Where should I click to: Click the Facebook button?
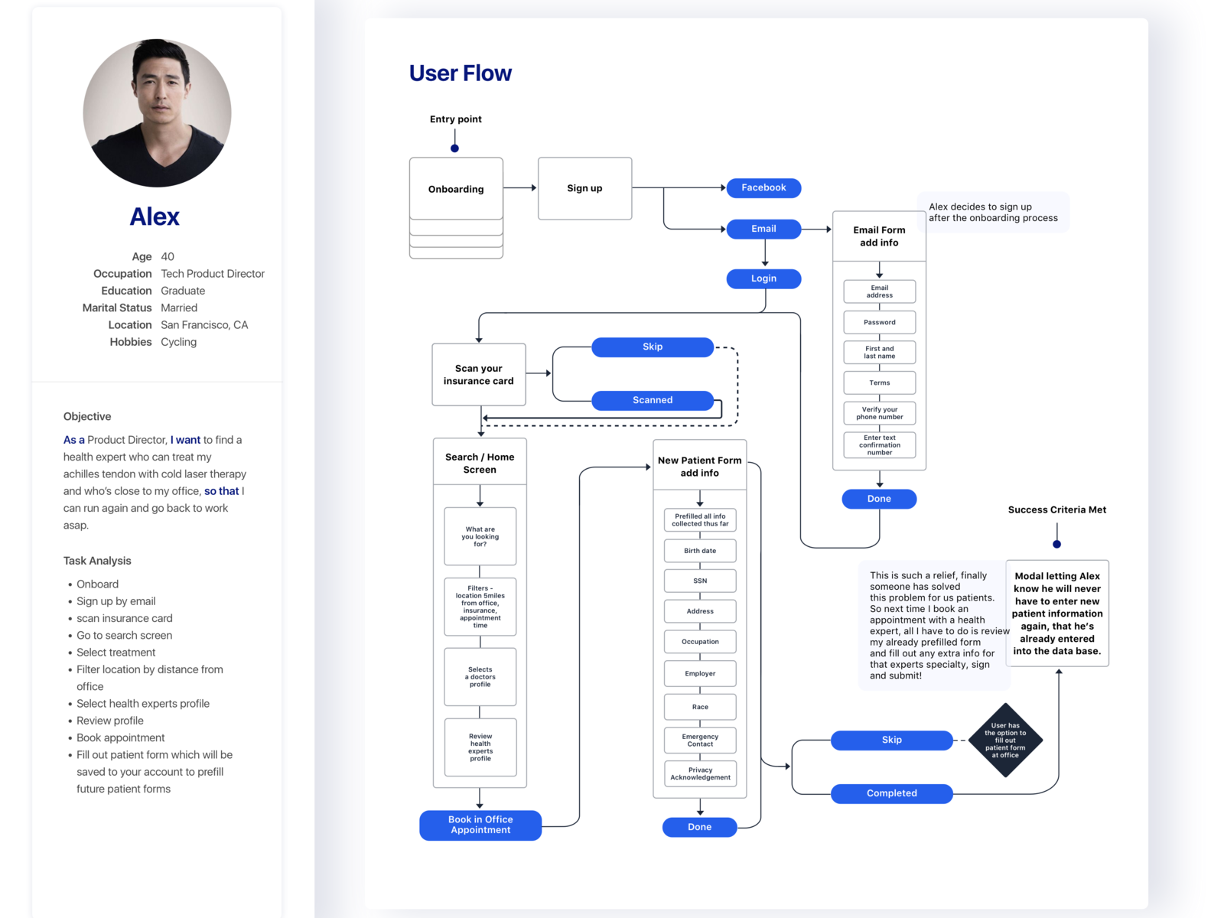click(x=763, y=187)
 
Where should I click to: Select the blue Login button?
click(x=763, y=278)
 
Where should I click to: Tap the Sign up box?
click(x=584, y=188)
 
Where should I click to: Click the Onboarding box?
click(x=456, y=189)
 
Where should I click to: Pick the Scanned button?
click(x=652, y=400)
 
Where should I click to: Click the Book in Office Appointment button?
click(x=480, y=825)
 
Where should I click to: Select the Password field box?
click(x=879, y=322)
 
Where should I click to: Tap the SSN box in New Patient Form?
click(x=699, y=581)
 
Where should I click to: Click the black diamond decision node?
click(x=1004, y=740)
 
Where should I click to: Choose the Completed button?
click(x=891, y=793)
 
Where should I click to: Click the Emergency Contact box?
click(x=699, y=740)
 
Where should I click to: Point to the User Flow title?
click(x=460, y=73)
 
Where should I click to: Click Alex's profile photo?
click(x=157, y=113)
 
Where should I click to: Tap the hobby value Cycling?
click(x=178, y=342)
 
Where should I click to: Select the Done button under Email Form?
click(x=878, y=499)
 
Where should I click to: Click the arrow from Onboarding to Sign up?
click(x=520, y=187)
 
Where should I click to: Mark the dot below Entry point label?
click(x=454, y=148)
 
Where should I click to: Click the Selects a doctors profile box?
click(x=480, y=676)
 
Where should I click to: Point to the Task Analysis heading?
click(x=97, y=561)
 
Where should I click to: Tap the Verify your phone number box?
click(x=879, y=413)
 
